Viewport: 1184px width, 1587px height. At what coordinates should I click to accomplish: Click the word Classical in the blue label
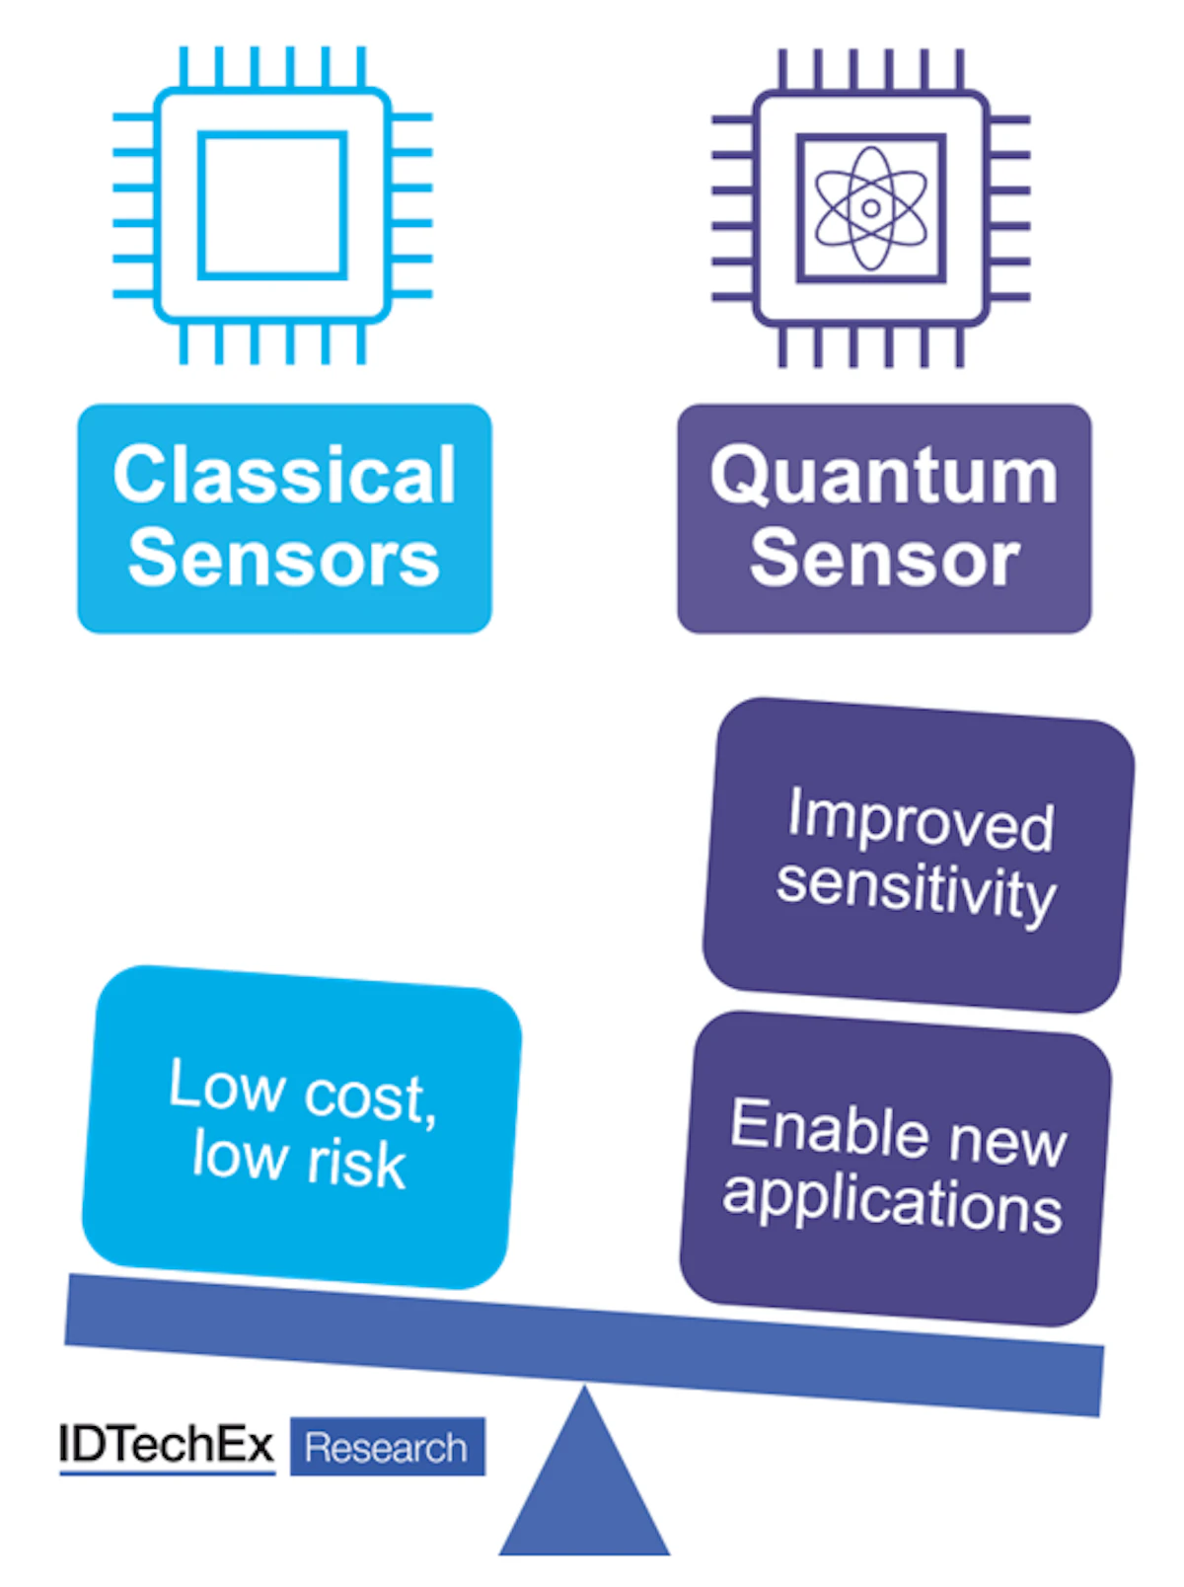click(x=284, y=475)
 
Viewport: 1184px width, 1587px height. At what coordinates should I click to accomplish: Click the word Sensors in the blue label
click(x=284, y=559)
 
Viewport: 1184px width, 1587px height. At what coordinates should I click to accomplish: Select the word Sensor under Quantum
click(x=884, y=560)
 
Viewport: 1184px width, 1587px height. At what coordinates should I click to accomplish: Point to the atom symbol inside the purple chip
click(x=870, y=208)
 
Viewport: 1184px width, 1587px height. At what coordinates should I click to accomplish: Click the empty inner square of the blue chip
click(x=272, y=205)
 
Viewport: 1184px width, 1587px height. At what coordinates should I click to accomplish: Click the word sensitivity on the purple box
click(x=916, y=889)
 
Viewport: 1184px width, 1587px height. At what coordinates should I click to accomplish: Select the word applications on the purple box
click(x=892, y=1200)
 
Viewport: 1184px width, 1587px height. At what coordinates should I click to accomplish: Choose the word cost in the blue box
click(x=365, y=1095)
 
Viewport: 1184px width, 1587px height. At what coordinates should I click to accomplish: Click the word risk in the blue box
click(x=356, y=1163)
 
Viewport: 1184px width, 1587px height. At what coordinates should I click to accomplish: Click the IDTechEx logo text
click(x=166, y=1446)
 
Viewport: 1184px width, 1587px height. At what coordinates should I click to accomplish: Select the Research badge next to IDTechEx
click(x=387, y=1448)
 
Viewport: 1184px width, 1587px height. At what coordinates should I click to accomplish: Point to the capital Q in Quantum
click(x=739, y=477)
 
